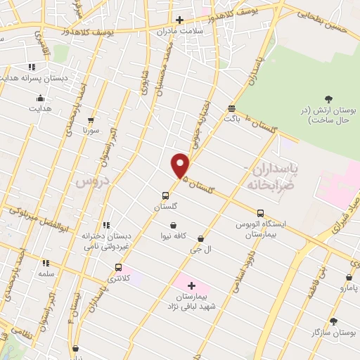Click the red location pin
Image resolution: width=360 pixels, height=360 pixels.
pyautogui.click(x=181, y=165)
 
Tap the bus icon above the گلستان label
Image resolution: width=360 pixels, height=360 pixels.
pyautogui.click(x=165, y=195)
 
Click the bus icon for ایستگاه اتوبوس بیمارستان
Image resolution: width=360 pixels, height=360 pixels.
pyautogui.click(x=260, y=213)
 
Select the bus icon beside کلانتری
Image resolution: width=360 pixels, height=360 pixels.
pyautogui.click(x=118, y=267)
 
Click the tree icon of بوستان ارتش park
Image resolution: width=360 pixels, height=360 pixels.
pyautogui.click(x=328, y=100)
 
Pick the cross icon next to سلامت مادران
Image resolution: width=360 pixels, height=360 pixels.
pyautogui.click(x=179, y=20)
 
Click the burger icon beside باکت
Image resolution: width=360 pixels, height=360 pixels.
pyautogui.click(x=231, y=108)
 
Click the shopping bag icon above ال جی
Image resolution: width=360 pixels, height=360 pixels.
pyautogui.click(x=202, y=239)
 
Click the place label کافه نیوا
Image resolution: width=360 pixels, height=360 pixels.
pyautogui.click(x=173, y=236)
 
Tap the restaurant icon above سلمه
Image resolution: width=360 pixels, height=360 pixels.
pyautogui.click(x=46, y=262)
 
